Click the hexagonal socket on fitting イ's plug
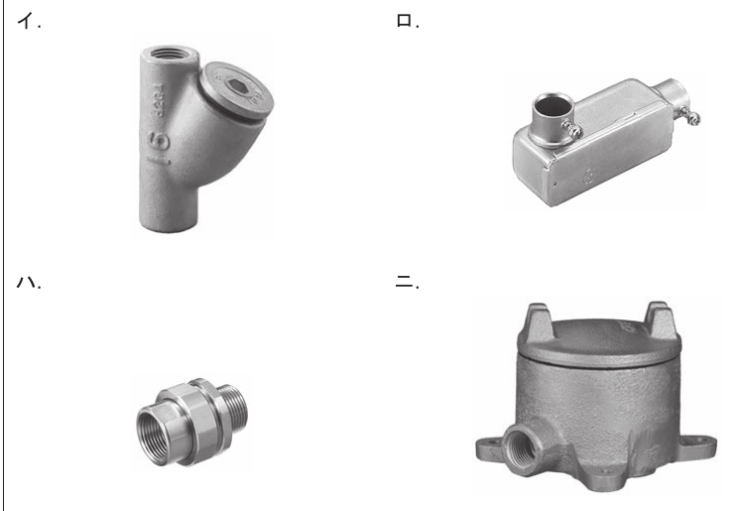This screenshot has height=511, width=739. click(x=235, y=85)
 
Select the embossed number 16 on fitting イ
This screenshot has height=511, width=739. click(x=159, y=147)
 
